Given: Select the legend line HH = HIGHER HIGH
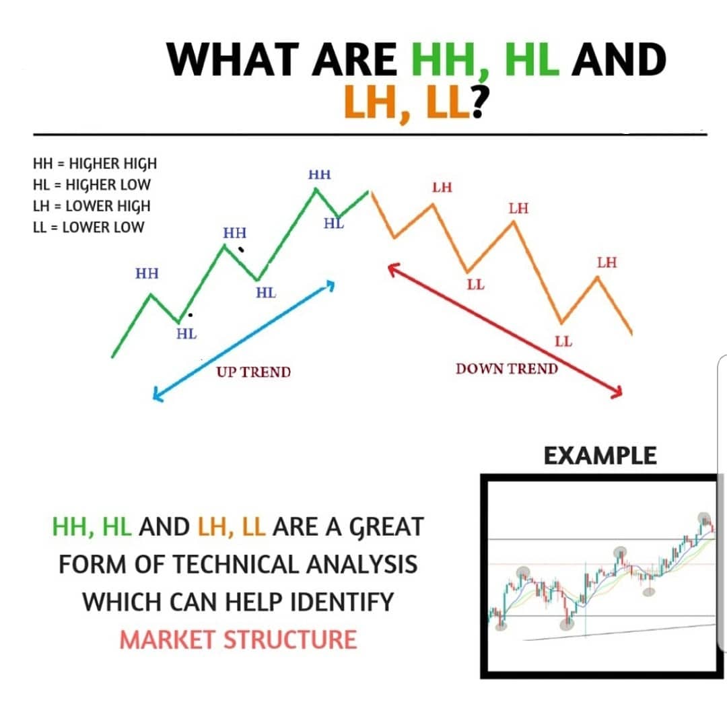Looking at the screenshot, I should [94, 164].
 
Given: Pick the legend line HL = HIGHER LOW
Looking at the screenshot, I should [92, 184].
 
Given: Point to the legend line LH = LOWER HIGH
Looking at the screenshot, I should [92, 205].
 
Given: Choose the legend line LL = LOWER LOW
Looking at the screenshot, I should [88, 227].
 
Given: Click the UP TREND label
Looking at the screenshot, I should [253, 372].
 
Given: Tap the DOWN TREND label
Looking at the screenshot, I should [506, 368].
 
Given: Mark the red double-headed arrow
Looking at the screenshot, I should [505, 331].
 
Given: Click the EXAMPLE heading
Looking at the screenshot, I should [600, 456].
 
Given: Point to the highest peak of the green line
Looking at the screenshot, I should [315, 189].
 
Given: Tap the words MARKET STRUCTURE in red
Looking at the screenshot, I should [238, 639].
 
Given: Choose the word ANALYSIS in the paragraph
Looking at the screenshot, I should [361, 563].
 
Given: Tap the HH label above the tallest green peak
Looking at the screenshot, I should [319, 175].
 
